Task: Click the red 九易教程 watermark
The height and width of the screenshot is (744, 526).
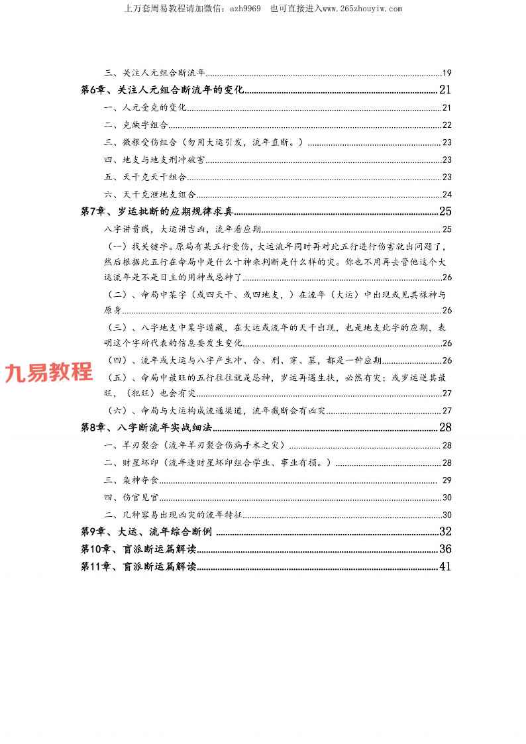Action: pos(48,372)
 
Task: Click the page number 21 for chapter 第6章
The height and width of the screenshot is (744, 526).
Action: pos(445,90)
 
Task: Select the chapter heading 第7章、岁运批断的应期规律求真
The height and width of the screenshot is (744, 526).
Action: pos(157,212)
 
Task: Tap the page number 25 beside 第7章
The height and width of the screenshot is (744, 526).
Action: pos(445,212)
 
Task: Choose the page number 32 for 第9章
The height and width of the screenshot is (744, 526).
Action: pos(445,531)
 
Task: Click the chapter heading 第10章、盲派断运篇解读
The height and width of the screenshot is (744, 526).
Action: pos(138,549)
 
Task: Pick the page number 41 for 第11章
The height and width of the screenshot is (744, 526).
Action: pos(445,566)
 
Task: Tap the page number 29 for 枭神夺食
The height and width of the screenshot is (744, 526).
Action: pos(447,480)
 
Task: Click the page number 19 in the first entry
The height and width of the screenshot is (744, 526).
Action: pos(447,73)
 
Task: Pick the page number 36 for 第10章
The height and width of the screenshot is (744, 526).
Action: pos(445,549)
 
